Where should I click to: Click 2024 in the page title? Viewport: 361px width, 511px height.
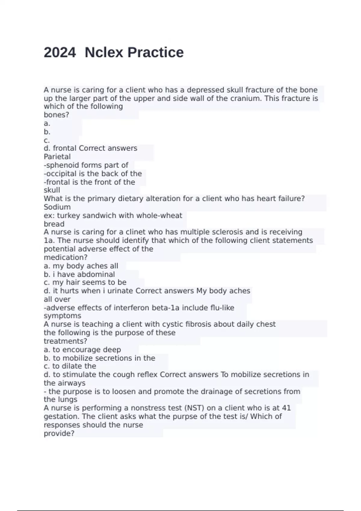pyautogui.click(x=60, y=53)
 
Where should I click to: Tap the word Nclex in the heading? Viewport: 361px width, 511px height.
pyautogui.click(x=104, y=53)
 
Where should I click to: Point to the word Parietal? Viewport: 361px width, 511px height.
pyautogui.click(x=57, y=157)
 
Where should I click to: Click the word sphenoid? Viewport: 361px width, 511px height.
pyautogui.click(x=60, y=165)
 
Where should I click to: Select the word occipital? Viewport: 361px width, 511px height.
pyautogui.click(x=60, y=173)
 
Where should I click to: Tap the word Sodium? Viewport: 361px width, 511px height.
pyautogui.click(x=57, y=207)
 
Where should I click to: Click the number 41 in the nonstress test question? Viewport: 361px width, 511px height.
pyautogui.click(x=286, y=408)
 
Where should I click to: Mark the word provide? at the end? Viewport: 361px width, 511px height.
pyautogui.click(x=59, y=433)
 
